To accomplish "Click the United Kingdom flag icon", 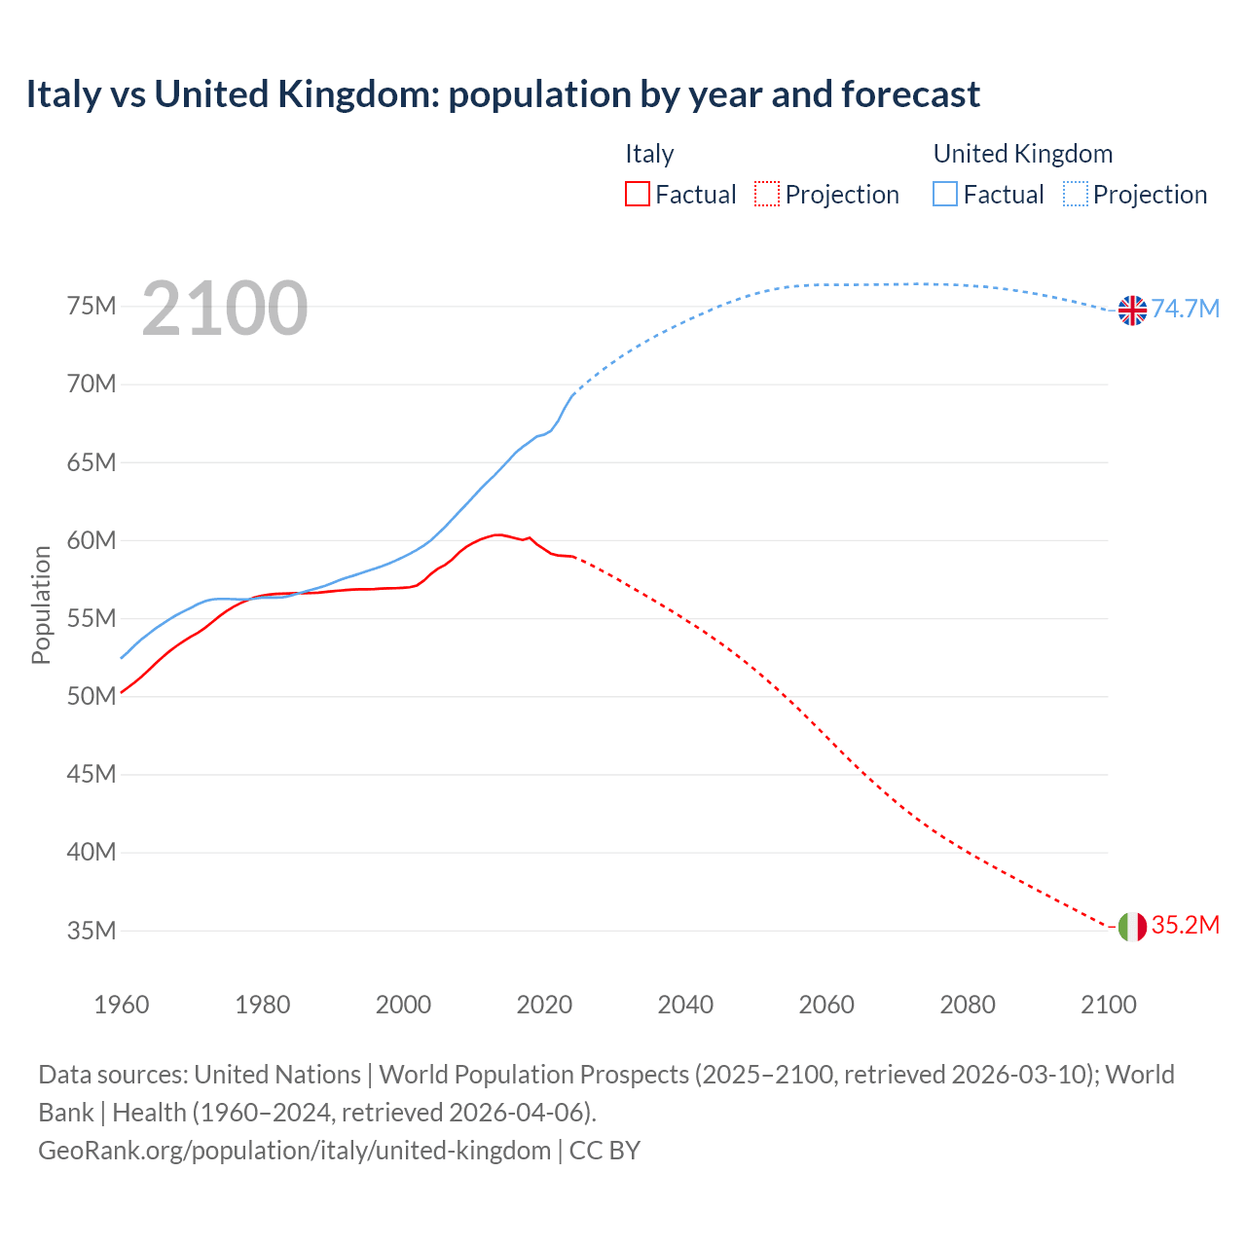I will tap(1132, 310).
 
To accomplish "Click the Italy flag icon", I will tap(1132, 927).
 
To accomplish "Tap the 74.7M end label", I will tap(1186, 309).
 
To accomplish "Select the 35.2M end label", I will tap(1185, 925).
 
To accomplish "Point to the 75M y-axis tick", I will tap(92, 307).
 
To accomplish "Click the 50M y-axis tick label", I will tap(92, 697).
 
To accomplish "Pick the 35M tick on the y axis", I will tap(92, 931).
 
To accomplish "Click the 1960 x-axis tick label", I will tap(122, 1005).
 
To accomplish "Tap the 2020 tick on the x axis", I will tap(544, 1005).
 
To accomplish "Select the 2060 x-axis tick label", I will tap(826, 1005).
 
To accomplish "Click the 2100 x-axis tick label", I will tap(1108, 1005).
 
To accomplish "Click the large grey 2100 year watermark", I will tap(225, 310).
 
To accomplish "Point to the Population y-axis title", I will tap(41, 605).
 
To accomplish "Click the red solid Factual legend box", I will tap(637, 195).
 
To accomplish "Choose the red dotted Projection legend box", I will tap(767, 195).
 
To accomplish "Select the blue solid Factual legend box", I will tap(945, 195).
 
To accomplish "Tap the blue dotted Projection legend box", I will tap(1076, 195).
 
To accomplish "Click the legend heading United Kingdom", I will tap(1022, 154).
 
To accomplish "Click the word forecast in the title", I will tap(910, 94).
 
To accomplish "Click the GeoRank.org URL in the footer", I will tap(294, 1151).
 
